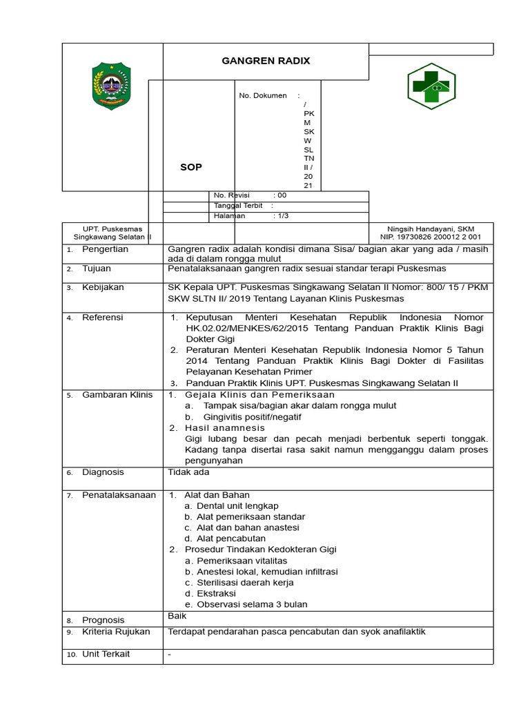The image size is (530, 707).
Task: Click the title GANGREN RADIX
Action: (x=266, y=61)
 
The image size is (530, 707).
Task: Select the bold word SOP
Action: (x=191, y=168)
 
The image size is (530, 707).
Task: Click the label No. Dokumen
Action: (x=263, y=96)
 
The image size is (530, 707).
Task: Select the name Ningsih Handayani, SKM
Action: (x=431, y=229)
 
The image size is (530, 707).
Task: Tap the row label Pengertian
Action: (x=105, y=249)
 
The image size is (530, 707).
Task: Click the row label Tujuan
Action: (x=97, y=269)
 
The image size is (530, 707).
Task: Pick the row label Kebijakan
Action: (x=103, y=288)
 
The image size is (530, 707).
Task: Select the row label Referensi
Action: (x=103, y=318)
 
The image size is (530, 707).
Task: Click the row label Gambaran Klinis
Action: (x=117, y=395)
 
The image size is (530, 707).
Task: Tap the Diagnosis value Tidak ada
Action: (x=188, y=472)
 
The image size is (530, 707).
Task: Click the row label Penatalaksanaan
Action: (x=119, y=495)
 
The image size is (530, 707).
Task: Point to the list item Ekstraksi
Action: (x=216, y=594)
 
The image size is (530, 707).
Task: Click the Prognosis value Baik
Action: (x=177, y=615)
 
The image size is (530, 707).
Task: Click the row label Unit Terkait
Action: (x=106, y=654)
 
